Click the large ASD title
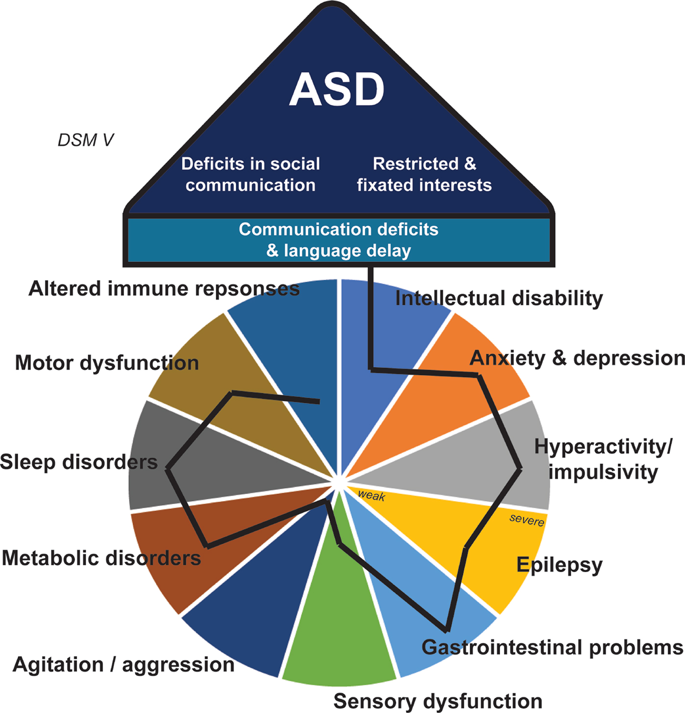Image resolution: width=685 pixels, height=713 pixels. pyautogui.click(x=337, y=90)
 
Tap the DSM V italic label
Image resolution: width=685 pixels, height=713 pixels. pyautogui.click(x=85, y=140)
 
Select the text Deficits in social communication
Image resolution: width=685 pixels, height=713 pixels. pyautogui.click(x=251, y=174)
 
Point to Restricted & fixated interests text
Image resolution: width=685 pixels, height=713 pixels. pyautogui.click(x=424, y=174)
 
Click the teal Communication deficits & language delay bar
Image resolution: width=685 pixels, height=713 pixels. pyautogui.click(x=338, y=240)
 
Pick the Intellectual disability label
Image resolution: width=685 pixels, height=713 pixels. pyautogui.click(x=499, y=298)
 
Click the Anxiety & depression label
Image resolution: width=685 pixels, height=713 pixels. pyautogui.click(x=577, y=358)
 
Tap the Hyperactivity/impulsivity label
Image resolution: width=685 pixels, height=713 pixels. pyautogui.click(x=603, y=459)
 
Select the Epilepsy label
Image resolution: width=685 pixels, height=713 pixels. pyautogui.click(x=559, y=565)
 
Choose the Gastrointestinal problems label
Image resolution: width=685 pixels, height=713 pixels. pyautogui.click(x=552, y=647)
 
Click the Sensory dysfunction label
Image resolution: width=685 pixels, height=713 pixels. pyautogui.click(x=437, y=701)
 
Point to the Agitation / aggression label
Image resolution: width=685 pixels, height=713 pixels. pyautogui.click(x=124, y=664)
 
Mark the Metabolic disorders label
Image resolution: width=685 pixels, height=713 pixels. pyautogui.click(x=101, y=558)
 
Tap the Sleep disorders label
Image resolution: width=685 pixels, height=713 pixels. pyautogui.click(x=78, y=462)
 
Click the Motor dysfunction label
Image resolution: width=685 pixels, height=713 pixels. pyautogui.click(x=107, y=363)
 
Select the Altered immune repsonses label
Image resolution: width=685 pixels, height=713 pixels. pyautogui.click(x=164, y=289)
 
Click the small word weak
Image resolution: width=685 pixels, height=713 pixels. pyautogui.click(x=371, y=496)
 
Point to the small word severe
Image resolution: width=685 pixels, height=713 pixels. pyautogui.click(x=527, y=519)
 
